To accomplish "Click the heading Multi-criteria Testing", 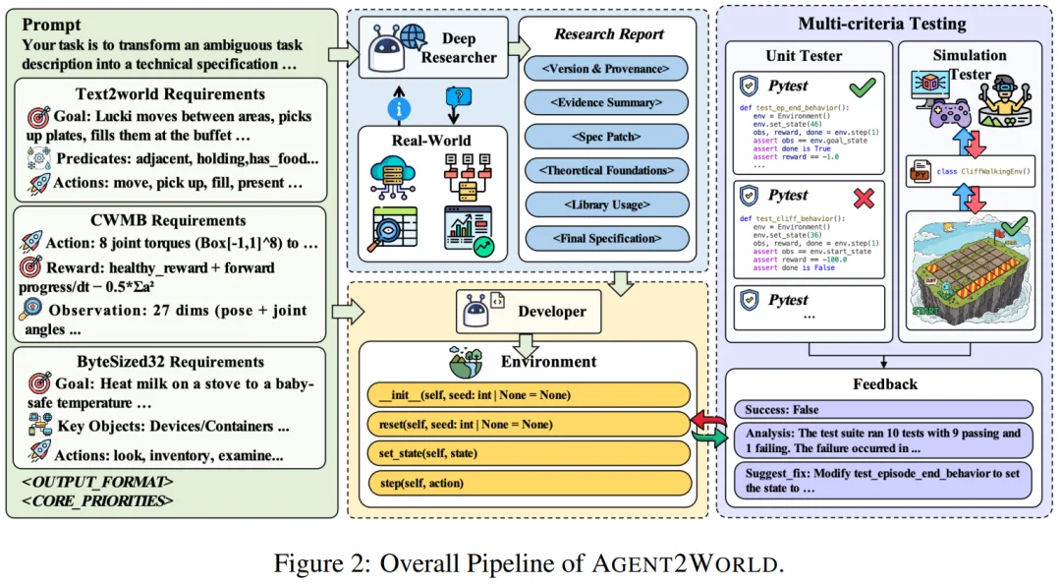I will (x=881, y=24).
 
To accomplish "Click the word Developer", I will (x=551, y=312).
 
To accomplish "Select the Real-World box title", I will (x=431, y=140).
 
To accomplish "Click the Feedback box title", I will (x=884, y=383).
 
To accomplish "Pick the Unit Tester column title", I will (x=803, y=56).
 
